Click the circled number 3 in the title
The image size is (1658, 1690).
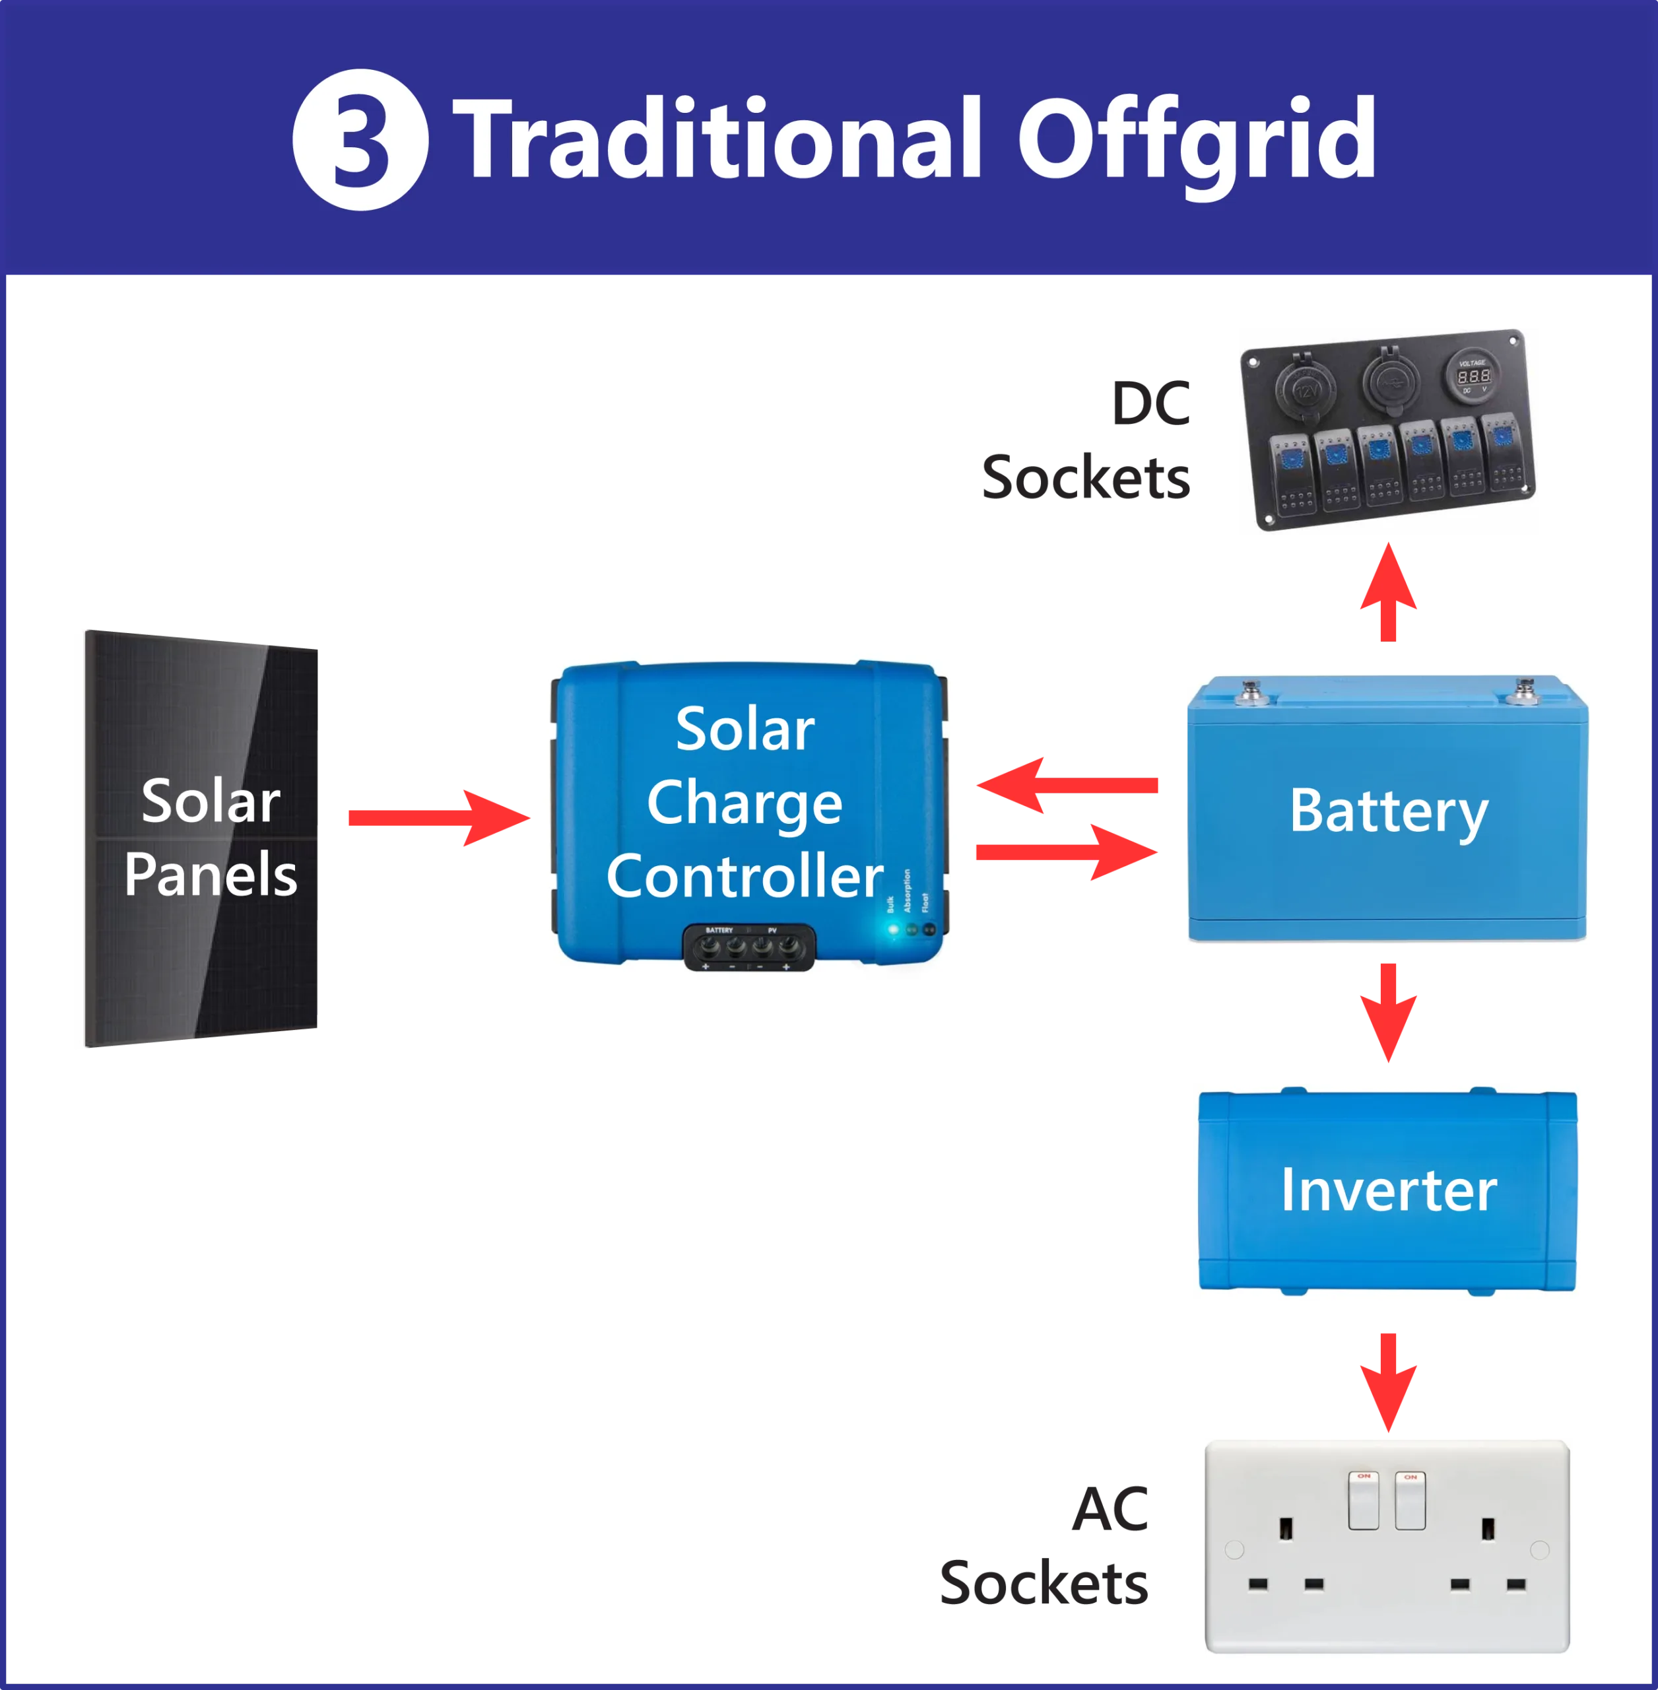[360, 140]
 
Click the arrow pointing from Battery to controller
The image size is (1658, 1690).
[1067, 786]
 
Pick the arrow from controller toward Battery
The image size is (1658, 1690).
[1067, 851]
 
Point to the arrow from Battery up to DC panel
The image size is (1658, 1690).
[1388, 592]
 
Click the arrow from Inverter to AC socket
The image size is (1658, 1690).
[1388, 1382]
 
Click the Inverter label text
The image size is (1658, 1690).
[1388, 1190]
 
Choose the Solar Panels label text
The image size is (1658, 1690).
[211, 837]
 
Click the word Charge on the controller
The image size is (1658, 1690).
[745, 802]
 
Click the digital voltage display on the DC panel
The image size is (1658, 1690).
[1473, 376]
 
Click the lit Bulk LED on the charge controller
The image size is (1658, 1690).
[892, 929]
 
